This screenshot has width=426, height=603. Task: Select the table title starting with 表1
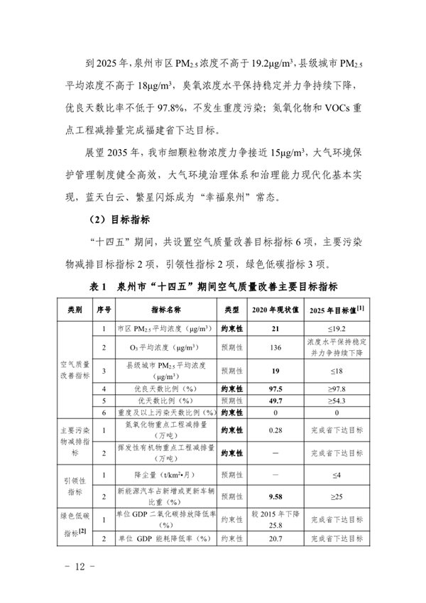tap(213, 288)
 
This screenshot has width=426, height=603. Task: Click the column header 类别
tap(75, 310)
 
